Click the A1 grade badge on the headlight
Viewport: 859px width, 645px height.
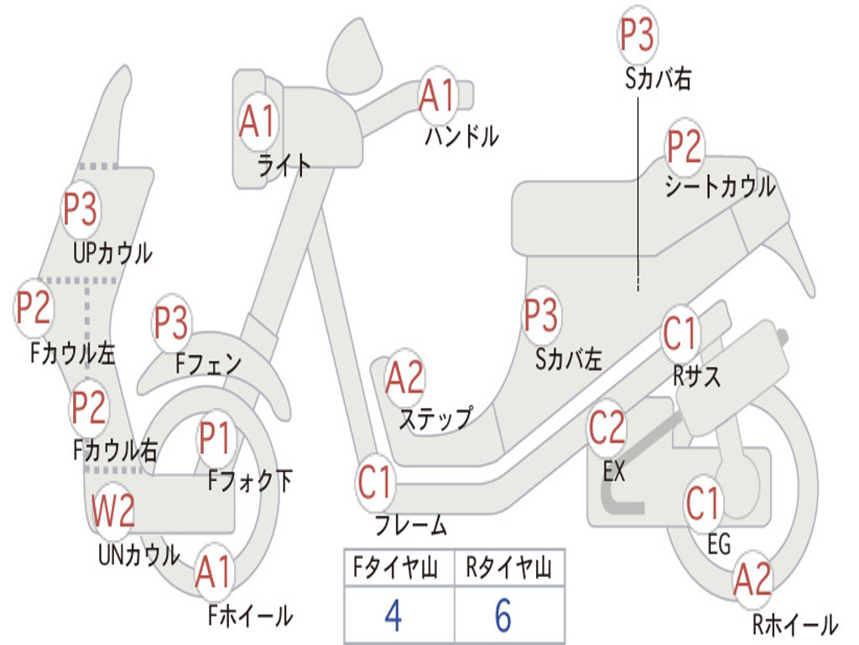click(257, 123)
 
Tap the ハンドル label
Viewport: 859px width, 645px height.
click(461, 136)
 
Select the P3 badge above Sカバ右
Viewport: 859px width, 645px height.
click(637, 35)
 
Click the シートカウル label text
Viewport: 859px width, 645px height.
click(720, 186)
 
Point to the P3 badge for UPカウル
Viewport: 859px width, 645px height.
click(81, 209)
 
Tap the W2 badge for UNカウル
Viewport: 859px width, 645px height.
click(113, 511)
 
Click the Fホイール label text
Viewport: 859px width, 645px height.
click(250, 616)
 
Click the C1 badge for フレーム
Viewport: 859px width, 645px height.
click(375, 483)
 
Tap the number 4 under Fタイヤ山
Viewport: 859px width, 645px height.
click(393, 616)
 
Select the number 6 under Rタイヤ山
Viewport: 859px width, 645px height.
click(502, 616)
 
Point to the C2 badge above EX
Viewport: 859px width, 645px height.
click(607, 428)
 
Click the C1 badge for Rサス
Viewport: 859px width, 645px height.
click(680, 333)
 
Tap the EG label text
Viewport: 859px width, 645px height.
click(719, 544)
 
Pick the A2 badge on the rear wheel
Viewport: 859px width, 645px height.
click(752, 579)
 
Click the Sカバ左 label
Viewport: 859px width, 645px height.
click(569, 359)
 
